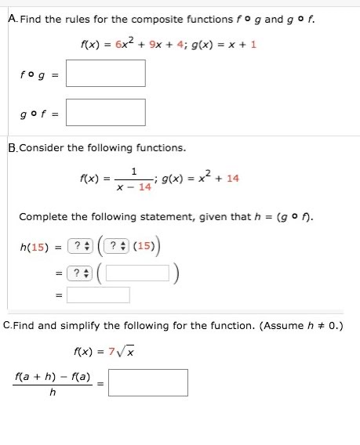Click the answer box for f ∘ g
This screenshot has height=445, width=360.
point(106,73)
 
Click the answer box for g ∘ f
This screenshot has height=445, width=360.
point(106,112)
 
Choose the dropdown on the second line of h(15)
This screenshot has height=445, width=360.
point(79,273)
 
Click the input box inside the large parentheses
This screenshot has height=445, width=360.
point(137,273)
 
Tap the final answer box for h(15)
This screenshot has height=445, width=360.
point(98,295)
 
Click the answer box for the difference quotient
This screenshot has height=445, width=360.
point(148,382)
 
